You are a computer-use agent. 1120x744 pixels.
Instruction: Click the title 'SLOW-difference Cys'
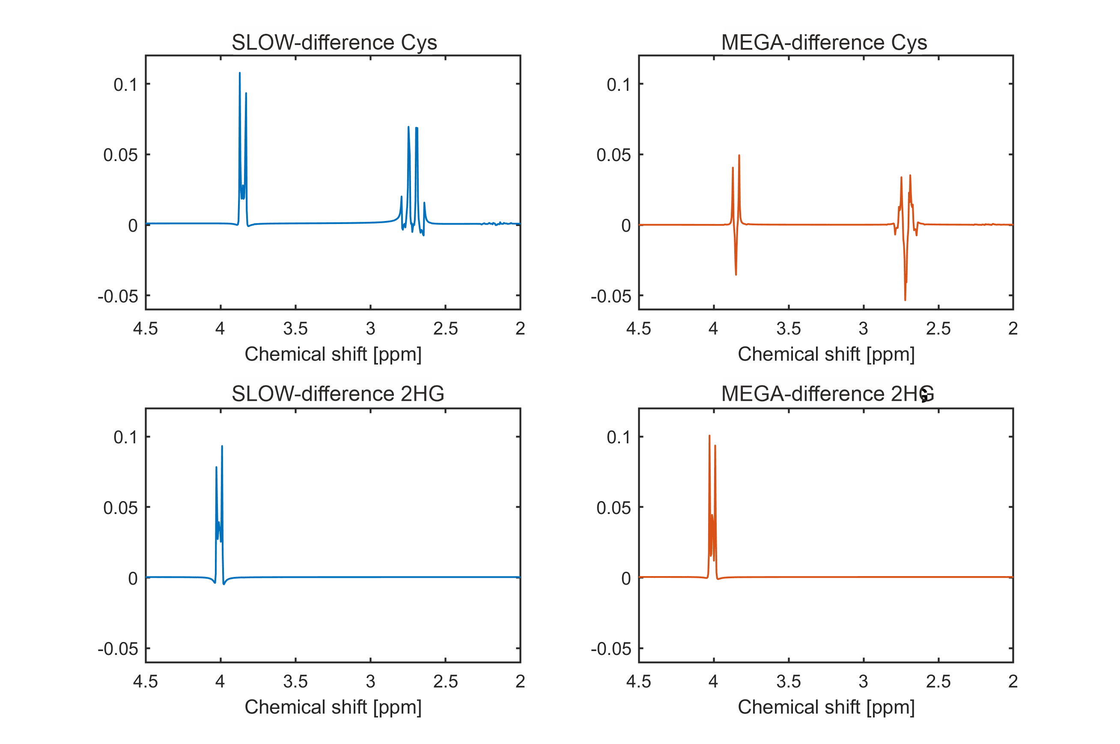[x=334, y=43]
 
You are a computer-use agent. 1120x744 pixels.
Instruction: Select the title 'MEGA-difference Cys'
[x=824, y=43]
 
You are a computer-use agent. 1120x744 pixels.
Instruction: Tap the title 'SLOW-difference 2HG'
[x=338, y=394]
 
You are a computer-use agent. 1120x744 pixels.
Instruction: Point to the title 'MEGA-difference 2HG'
[x=827, y=394]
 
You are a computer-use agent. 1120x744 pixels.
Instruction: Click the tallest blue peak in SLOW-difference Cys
[x=239, y=74]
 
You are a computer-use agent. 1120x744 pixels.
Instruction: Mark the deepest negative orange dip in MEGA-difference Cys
[x=905, y=299]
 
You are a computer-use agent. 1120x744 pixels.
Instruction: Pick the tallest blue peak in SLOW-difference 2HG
[x=222, y=446]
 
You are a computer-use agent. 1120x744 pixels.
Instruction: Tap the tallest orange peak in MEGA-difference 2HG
[x=709, y=436]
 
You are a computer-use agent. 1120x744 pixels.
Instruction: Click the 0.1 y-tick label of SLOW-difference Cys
[x=125, y=84]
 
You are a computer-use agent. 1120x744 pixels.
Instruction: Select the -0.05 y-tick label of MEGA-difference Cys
[x=611, y=296]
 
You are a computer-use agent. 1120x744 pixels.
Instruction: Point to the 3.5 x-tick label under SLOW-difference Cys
[x=295, y=329]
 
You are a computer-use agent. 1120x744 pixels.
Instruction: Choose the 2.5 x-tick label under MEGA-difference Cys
[x=938, y=329]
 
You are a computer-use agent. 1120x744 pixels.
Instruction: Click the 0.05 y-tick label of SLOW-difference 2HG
[x=120, y=508]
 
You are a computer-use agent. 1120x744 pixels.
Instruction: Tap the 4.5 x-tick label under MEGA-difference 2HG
[x=638, y=681]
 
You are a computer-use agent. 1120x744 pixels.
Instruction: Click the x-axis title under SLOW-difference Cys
[x=333, y=354]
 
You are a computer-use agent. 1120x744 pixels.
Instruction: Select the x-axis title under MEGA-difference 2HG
[x=826, y=707]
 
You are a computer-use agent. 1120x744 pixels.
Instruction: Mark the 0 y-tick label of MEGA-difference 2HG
[x=626, y=578]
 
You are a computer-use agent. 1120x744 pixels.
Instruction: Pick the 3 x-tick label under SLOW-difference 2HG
[x=370, y=681]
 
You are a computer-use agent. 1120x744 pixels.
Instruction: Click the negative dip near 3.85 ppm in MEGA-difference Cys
[x=736, y=274]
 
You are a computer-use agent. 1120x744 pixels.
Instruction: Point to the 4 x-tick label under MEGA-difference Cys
[x=713, y=329]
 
